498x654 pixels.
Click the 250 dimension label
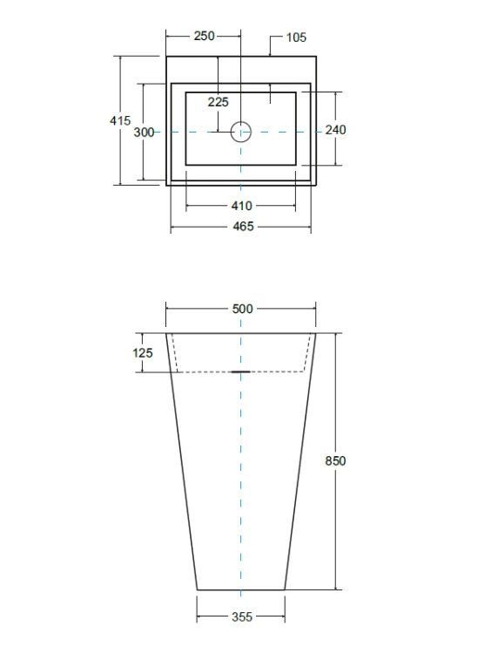point(204,37)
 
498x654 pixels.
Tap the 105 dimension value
point(296,37)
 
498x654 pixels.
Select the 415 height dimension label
point(120,120)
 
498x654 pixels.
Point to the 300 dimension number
point(144,133)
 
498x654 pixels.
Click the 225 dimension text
point(219,102)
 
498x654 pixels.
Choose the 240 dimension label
point(335,130)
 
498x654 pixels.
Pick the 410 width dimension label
point(241,206)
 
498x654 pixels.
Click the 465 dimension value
point(243,227)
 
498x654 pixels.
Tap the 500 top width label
point(242,309)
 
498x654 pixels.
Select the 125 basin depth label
point(143,353)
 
